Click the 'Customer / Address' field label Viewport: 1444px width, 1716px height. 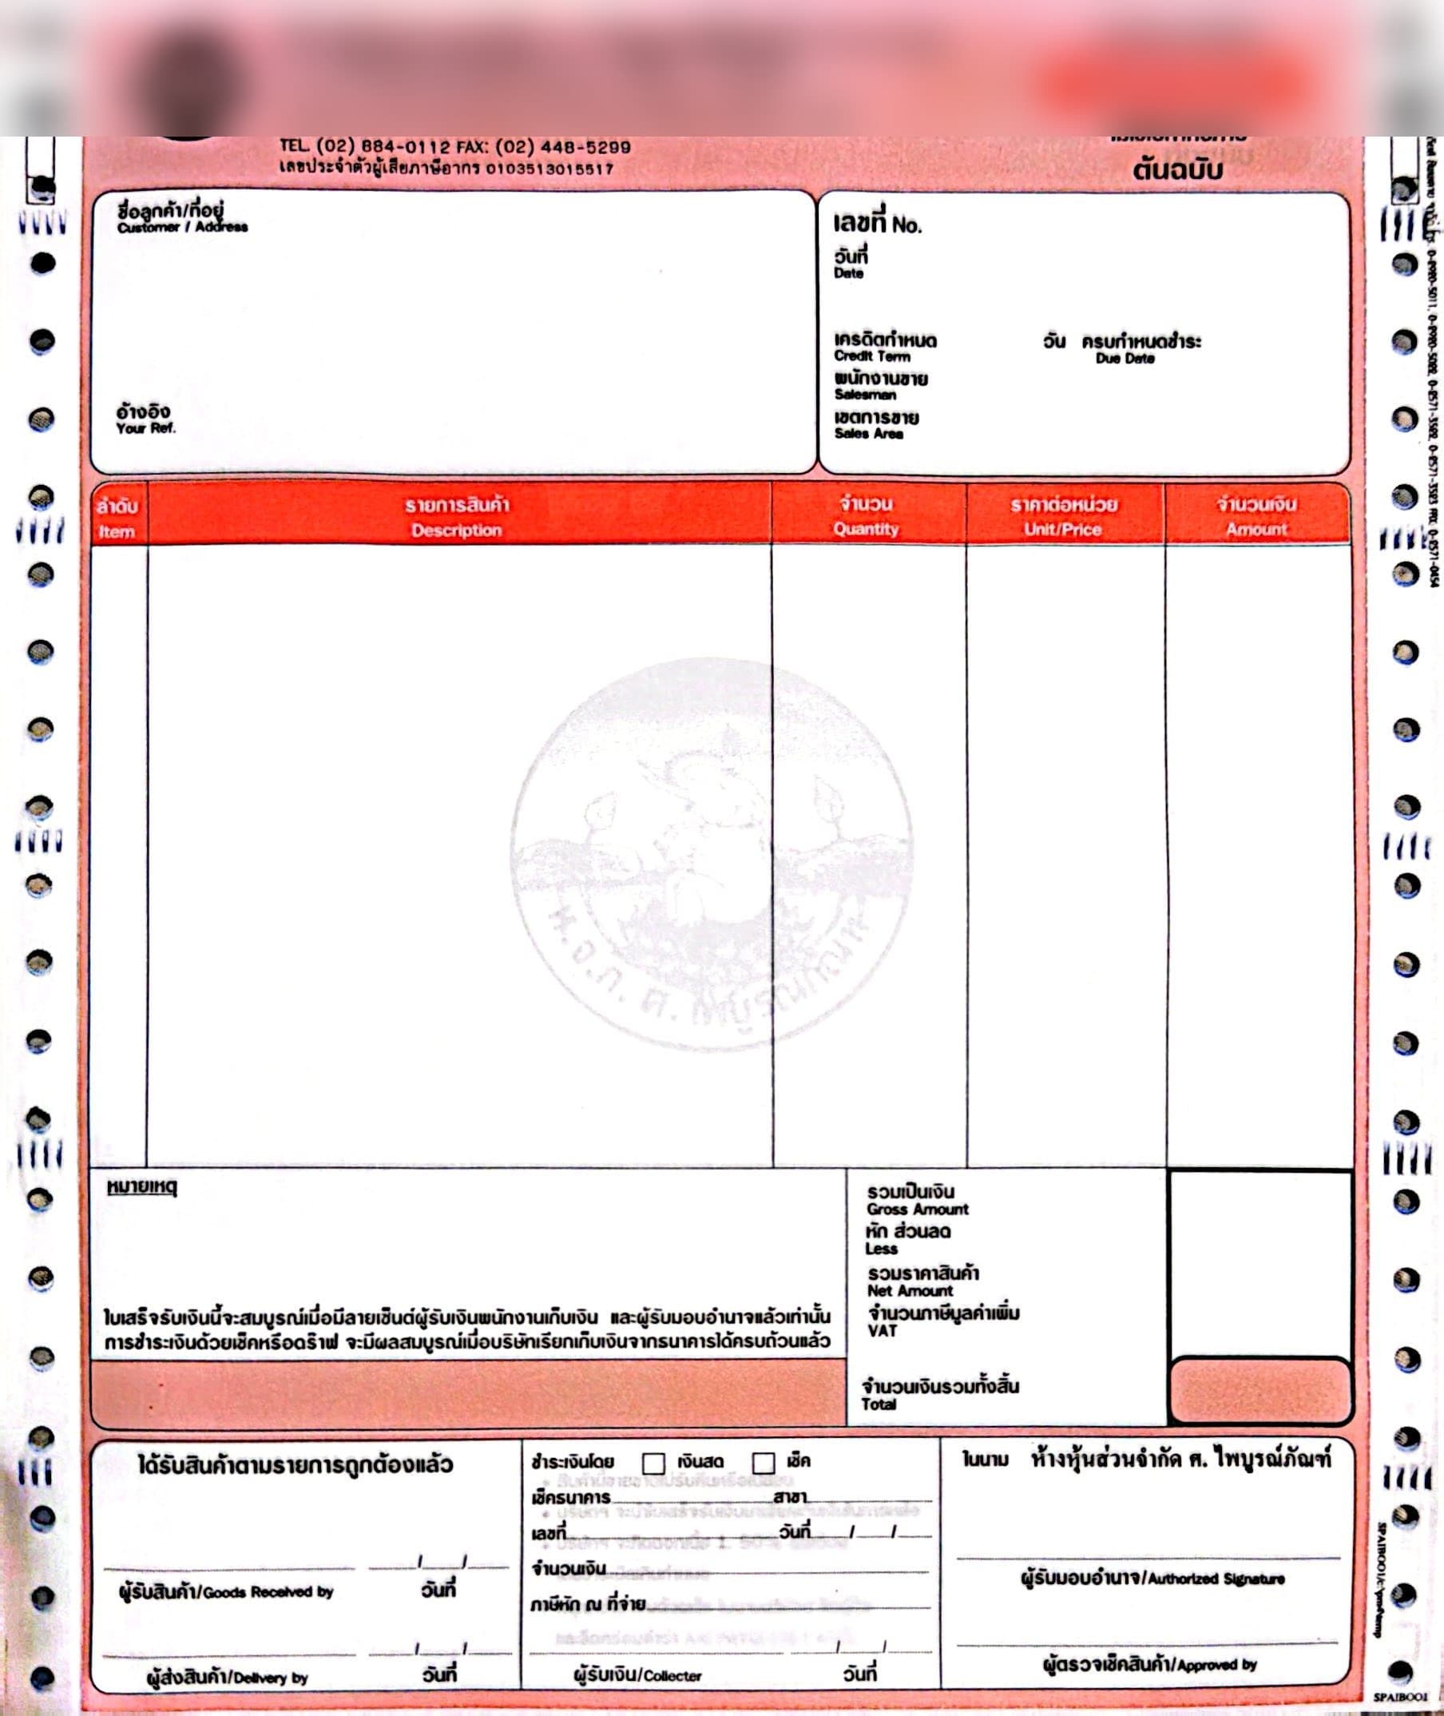(182, 227)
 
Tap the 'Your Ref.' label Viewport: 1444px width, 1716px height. (145, 428)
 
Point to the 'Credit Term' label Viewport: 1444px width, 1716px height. (872, 356)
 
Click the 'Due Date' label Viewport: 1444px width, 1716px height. (1125, 359)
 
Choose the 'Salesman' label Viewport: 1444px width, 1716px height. (864, 395)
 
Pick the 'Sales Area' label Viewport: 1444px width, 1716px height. (868, 434)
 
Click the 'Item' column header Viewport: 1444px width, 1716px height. (117, 531)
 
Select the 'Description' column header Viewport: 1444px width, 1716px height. (456, 530)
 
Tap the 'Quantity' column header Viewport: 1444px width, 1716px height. (866, 529)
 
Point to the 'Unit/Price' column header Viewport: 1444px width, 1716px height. (1061, 530)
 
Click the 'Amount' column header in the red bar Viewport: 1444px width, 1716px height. (1256, 530)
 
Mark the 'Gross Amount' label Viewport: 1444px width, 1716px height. (918, 1210)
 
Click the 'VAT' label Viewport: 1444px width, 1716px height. (883, 1330)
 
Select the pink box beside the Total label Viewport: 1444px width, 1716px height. (1260, 1391)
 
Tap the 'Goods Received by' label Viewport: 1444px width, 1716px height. (226, 1592)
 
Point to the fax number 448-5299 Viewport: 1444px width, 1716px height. (583, 148)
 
